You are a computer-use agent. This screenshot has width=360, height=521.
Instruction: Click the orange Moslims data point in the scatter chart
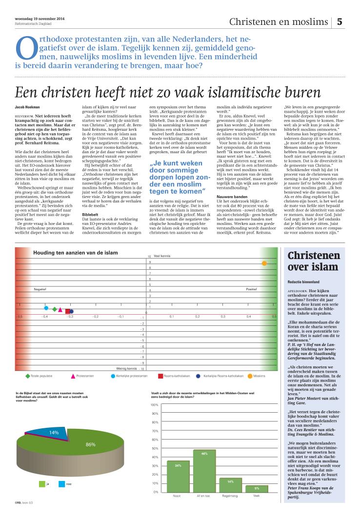tap(264, 263)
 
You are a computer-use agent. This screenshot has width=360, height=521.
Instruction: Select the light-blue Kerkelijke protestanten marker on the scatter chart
tap(46, 308)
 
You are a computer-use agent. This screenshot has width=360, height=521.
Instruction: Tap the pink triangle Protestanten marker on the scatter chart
tap(60, 309)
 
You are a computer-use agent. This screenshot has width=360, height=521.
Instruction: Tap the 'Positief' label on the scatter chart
tap(251, 289)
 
